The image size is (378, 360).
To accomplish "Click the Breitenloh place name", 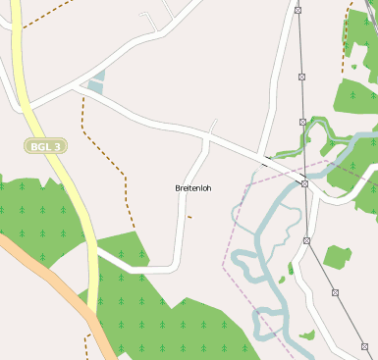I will pyautogui.click(x=192, y=187).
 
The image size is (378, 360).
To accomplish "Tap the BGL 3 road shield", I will pyautogui.click(x=45, y=146).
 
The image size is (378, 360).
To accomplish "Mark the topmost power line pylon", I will pyautogui.click(x=297, y=10).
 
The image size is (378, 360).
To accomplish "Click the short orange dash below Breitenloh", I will pyautogui.click(x=189, y=217).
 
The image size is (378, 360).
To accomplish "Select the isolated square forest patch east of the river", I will pyautogui.click(x=337, y=257).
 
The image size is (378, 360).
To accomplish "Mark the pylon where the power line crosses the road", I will pyautogui.click(x=305, y=183).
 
